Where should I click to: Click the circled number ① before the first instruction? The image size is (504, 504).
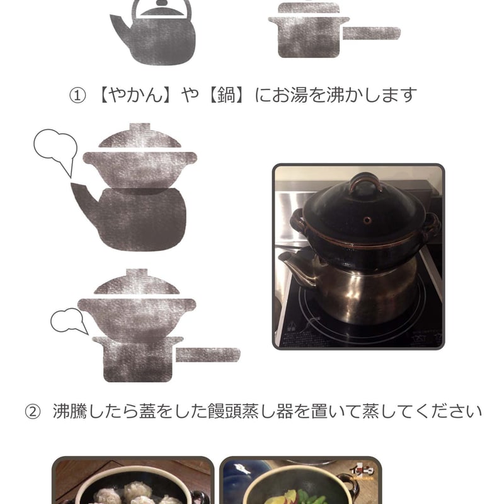click(77, 96)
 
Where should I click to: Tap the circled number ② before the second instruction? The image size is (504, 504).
click(33, 412)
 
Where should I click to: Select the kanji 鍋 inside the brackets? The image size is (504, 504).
click(226, 95)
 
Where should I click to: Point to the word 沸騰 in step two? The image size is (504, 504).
click(70, 411)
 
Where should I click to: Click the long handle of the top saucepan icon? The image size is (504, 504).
click(371, 33)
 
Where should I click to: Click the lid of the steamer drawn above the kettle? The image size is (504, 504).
click(140, 136)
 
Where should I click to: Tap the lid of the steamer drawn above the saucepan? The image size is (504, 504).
click(137, 282)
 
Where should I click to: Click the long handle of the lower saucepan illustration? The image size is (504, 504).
click(208, 355)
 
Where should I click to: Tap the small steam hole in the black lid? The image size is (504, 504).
click(367, 220)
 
